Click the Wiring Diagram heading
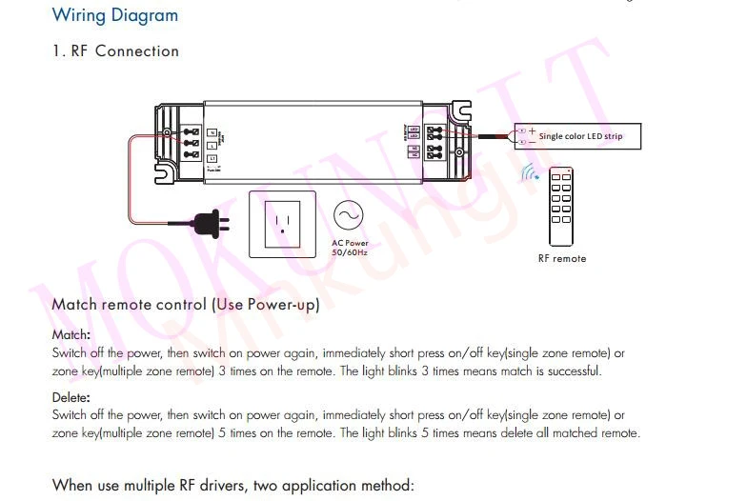tap(114, 15)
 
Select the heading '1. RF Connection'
tap(114, 50)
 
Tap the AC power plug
tap(210, 222)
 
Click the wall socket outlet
tap(281, 223)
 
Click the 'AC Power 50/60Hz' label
tap(349, 247)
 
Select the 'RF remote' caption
tap(562, 258)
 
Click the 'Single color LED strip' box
tap(577, 136)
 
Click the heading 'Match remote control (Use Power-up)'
tap(185, 305)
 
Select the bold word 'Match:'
tap(71, 334)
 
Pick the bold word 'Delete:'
tap(72, 397)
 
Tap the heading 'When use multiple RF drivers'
tap(232, 485)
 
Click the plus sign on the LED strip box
tap(532, 130)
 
